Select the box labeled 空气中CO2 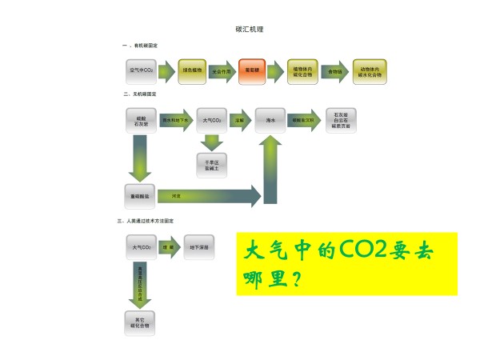click(141, 71)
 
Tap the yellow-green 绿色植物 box click(193, 71)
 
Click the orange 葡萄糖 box click(254, 71)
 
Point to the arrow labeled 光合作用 click(222, 71)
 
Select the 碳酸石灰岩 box click(141, 121)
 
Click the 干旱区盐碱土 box click(211, 163)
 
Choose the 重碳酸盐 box click(141, 194)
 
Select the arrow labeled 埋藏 click(170, 248)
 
